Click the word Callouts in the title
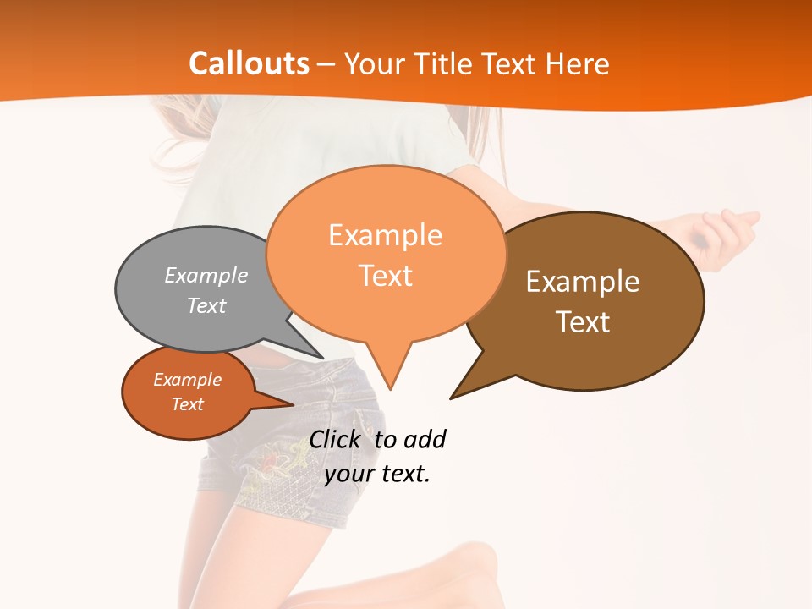249,63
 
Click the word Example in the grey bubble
206,275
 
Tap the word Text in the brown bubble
583,322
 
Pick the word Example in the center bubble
385,234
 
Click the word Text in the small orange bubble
188,404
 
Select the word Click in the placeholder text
337,439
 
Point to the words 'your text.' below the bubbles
377,474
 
